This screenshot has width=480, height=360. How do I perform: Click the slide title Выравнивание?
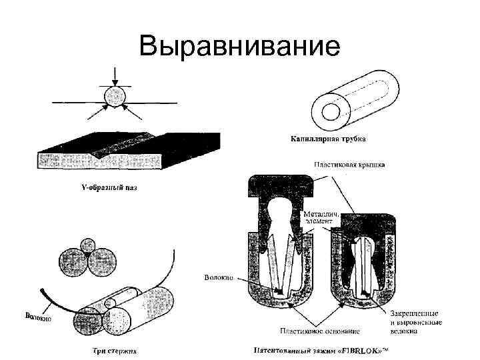pyautogui.click(x=239, y=47)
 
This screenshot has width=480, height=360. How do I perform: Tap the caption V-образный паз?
pyautogui.click(x=105, y=188)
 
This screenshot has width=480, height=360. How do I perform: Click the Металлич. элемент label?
pyautogui.click(x=321, y=217)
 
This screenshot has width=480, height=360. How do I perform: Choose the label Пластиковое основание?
pyautogui.click(x=319, y=331)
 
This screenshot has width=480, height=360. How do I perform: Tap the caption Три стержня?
pyautogui.click(x=110, y=349)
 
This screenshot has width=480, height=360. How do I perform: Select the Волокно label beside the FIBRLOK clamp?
pyautogui.click(x=217, y=277)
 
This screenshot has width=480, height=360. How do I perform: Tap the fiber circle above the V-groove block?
pyautogui.click(x=114, y=97)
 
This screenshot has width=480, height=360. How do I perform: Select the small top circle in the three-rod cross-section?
pyautogui.click(x=87, y=244)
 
